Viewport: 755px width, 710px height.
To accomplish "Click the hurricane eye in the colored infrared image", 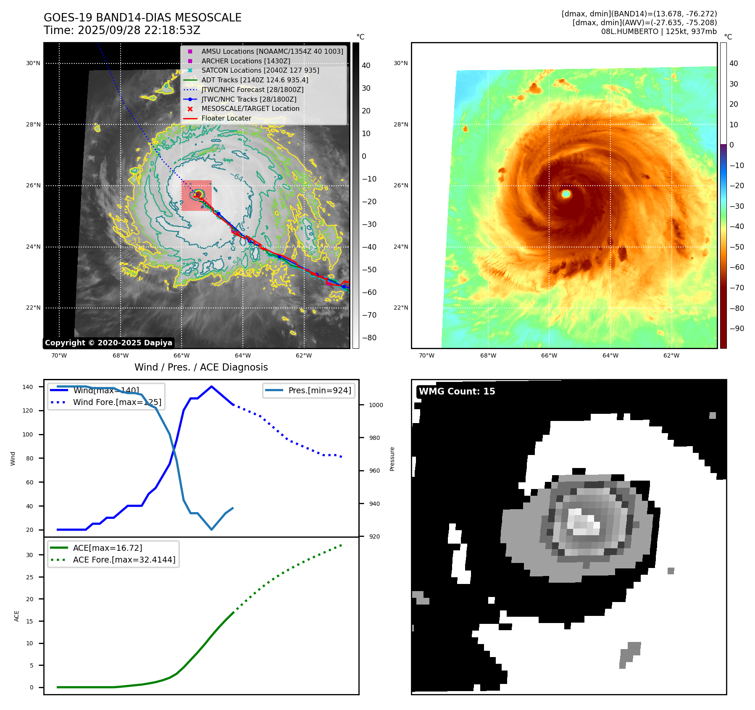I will pos(566,194).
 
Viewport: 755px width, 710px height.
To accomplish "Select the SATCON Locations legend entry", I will pos(260,71).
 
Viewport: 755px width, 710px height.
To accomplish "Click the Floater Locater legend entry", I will pos(226,118).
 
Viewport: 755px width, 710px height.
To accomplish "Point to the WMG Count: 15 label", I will pos(457,392).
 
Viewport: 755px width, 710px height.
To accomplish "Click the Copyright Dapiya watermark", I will pos(108,343).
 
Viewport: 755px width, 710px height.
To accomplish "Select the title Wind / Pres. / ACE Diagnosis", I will pos(201,367).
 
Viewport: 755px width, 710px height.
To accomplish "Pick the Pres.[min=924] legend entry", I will pos(319,391).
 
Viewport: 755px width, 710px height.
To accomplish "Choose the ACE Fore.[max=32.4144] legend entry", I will pos(124,560).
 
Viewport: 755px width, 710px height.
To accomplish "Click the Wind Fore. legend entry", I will pos(117,402).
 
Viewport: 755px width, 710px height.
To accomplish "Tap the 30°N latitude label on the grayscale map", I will pos(33,63).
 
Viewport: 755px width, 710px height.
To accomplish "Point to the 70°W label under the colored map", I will pos(426,356).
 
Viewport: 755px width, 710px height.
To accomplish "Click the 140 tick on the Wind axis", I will pos(28,387).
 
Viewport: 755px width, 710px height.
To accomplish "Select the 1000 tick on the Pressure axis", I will pos(376,405).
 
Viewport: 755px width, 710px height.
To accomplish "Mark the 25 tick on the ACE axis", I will pos(29,577).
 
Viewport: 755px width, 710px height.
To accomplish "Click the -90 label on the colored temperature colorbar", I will pos(737,329).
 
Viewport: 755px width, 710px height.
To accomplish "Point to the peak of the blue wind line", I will pos(211,387).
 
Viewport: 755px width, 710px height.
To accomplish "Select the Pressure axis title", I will pos(392,459).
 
